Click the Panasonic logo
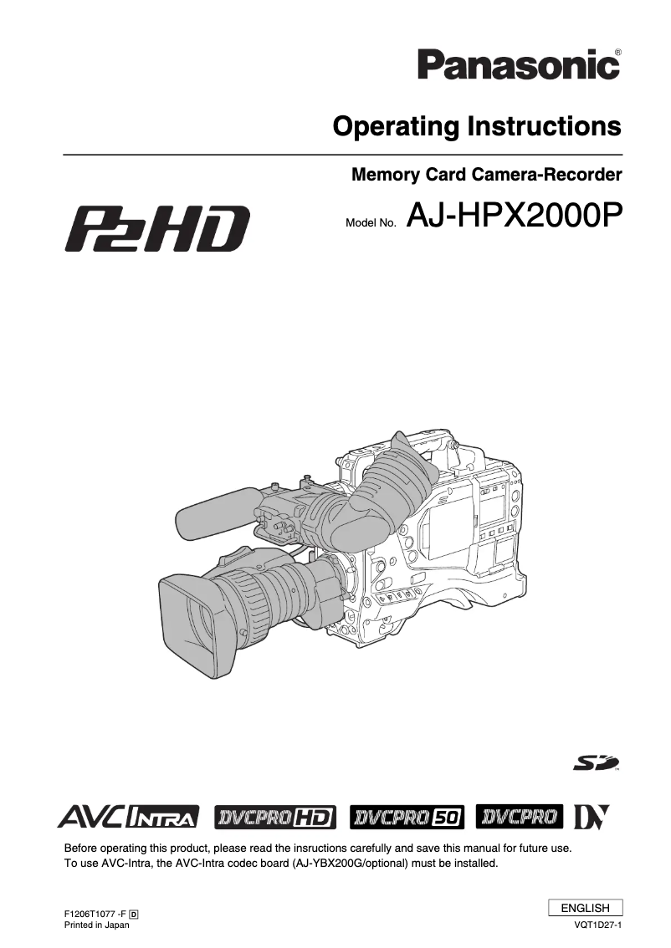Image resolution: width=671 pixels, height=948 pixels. tap(518, 64)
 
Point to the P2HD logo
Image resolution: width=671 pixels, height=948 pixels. tap(157, 228)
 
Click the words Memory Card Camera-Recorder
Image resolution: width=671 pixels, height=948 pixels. tap(486, 176)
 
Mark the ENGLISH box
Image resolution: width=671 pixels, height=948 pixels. tap(585, 908)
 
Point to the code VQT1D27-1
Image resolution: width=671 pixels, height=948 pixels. tap(598, 925)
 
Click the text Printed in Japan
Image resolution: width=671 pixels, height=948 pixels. tap(97, 925)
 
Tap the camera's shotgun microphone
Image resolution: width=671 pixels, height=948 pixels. tap(213, 509)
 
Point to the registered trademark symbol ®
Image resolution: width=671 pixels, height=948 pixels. tap(617, 52)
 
